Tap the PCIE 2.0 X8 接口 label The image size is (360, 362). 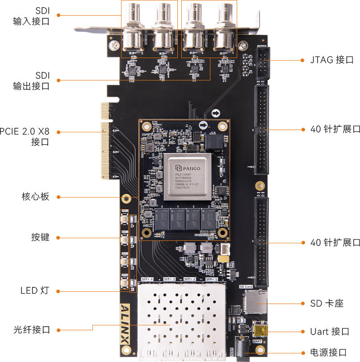coord(31,137)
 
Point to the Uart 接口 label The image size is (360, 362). coord(330,331)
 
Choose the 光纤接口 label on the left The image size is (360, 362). coord(31,330)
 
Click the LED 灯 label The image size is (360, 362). coord(34,290)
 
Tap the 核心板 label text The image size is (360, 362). coord(35,197)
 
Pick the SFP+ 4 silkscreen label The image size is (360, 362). coord(147,279)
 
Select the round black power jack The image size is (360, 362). coord(243,349)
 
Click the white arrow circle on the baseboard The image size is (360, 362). coord(216,113)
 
